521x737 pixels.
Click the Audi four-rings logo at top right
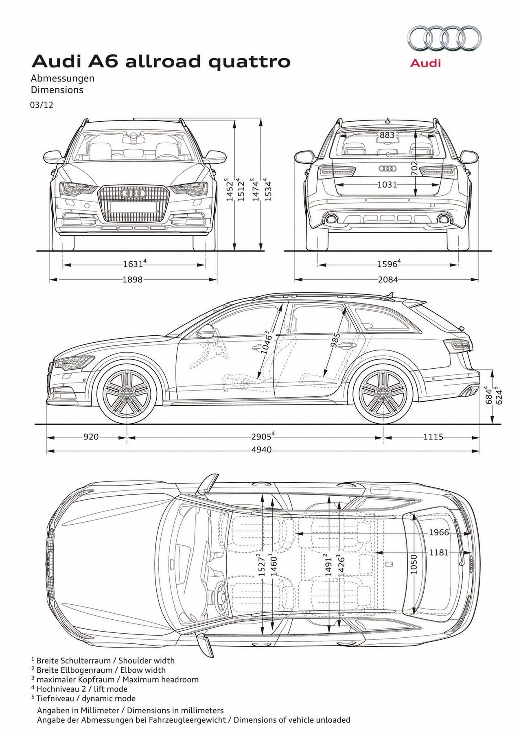click(444, 39)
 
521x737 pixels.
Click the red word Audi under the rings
click(425, 63)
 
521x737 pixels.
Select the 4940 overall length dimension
click(261, 450)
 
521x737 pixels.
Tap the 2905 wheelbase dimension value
click(261, 437)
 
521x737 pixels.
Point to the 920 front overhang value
click(91, 437)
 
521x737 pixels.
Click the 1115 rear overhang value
click(433, 437)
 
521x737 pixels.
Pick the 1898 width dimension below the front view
click(133, 280)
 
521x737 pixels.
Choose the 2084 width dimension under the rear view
click(387, 280)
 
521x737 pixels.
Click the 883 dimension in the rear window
click(387, 135)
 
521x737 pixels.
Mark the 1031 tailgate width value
click(387, 185)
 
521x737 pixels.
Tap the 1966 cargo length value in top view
click(439, 532)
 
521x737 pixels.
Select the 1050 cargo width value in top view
click(414, 564)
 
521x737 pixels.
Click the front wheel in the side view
click(127, 394)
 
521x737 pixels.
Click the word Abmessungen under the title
click(63, 78)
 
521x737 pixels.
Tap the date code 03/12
click(42, 105)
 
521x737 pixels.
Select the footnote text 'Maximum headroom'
click(160, 679)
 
